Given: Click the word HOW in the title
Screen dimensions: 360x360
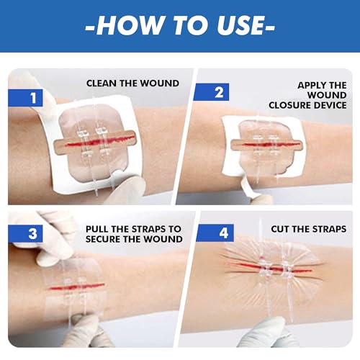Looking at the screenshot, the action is tap(129, 25).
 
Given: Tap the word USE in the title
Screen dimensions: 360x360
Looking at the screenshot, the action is tap(240, 25).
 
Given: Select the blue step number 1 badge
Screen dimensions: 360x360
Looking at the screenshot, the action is tap(25, 98).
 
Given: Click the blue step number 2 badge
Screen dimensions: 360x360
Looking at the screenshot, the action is tap(211, 92).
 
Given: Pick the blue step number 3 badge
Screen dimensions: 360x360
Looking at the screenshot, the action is tap(25, 233).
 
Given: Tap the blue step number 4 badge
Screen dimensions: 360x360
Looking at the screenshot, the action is tap(215, 233).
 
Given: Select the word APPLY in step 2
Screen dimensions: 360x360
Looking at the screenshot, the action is tap(310, 85).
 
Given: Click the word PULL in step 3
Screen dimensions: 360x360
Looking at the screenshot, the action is tap(97, 229).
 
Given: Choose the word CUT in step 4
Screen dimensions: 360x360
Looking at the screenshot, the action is tap(279, 229).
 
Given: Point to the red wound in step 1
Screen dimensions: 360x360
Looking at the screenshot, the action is tap(99, 141).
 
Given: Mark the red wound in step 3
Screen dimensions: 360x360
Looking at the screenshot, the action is tap(76, 287).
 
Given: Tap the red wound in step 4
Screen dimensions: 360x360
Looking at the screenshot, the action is tap(271, 268).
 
